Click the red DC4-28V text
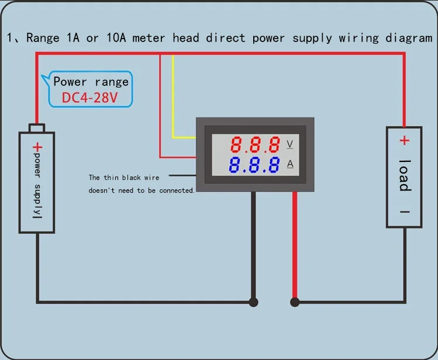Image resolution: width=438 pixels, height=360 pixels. (x=90, y=98)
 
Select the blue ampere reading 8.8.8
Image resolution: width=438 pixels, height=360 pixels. (x=254, y=165)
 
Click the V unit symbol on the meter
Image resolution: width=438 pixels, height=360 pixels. (x=289, y=144)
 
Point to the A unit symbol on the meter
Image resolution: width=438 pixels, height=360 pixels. (x=290, y=164)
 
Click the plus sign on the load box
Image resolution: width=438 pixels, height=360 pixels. (x=404, y=140)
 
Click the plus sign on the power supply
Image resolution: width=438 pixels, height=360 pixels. (x=37, y=147)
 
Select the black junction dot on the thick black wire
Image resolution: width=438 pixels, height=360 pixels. (x=253, y=302)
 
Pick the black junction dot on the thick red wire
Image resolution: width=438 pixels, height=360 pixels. (x=295, y=302)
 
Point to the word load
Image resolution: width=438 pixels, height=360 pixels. (x=404, y=175)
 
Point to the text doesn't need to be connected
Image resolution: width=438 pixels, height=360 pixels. (x=141, y=191)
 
